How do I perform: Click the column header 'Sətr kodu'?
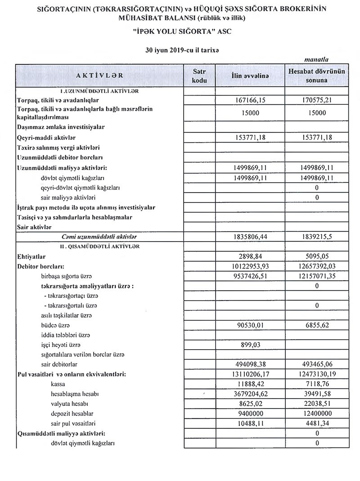(199, 76)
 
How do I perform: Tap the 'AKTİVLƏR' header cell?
(99, 76)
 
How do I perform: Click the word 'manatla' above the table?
(316, 59)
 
